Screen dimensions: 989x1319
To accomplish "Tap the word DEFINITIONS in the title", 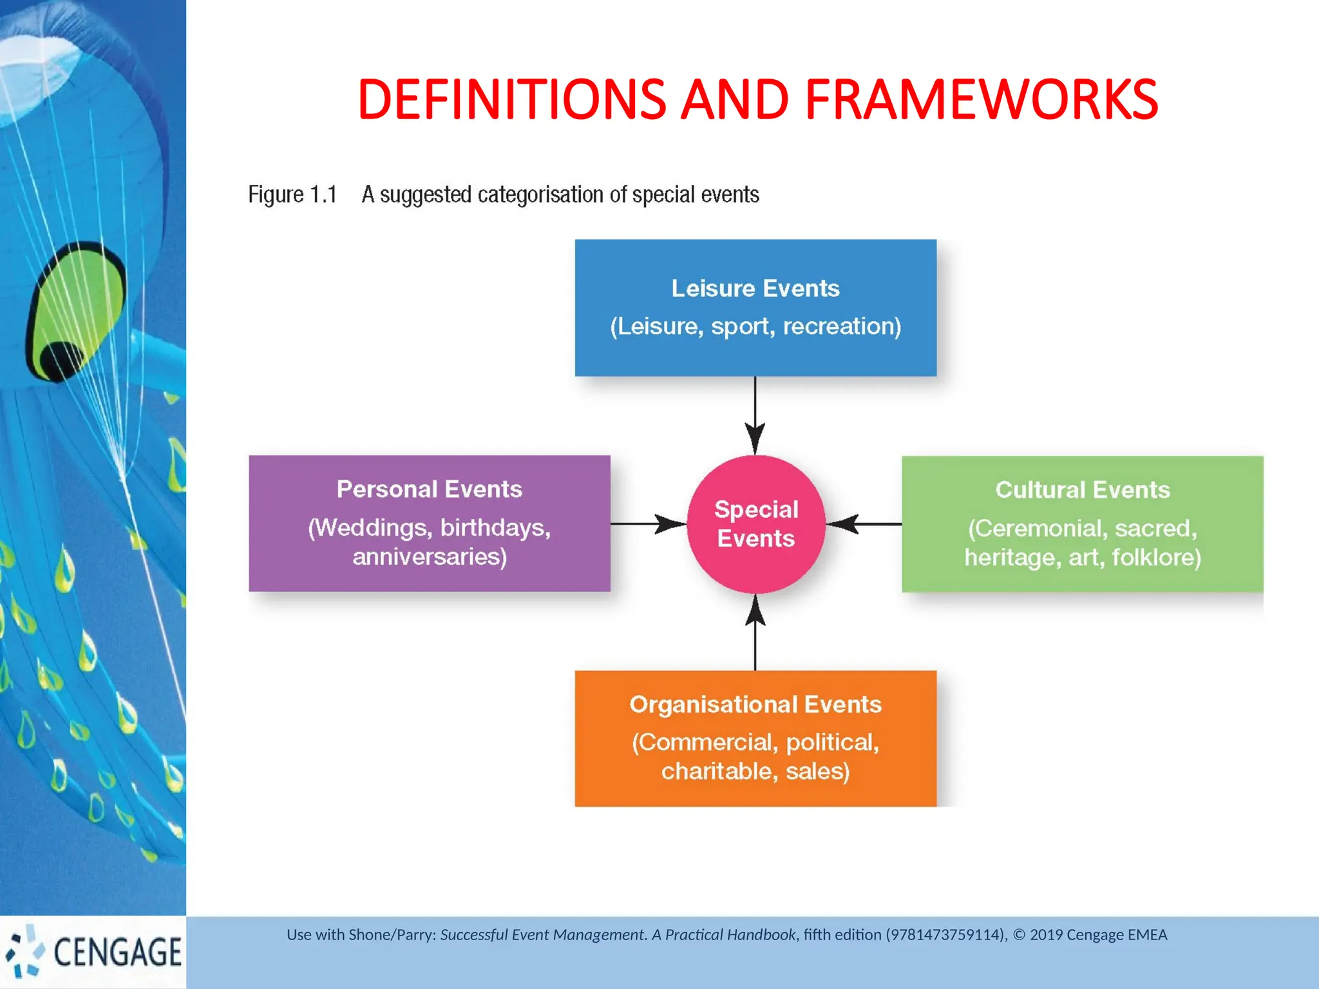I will (511, 100).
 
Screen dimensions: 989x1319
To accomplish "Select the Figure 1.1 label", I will (292, 194).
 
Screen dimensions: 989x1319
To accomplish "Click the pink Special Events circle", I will (755, 524).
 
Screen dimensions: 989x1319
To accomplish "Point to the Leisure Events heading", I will (755, 288).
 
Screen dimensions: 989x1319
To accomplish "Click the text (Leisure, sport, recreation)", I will (755, 326).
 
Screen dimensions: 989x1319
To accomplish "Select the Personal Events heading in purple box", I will (429, 489).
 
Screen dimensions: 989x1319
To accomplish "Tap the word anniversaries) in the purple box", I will (430, 557).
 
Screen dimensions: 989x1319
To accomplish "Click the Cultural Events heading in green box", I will (1082, 490).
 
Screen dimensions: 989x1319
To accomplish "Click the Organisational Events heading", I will (755, 704).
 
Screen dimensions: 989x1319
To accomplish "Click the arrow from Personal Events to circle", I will (647, 524).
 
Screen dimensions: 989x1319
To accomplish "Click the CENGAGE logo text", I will (117, 952).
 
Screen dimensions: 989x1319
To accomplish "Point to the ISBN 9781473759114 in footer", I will (946, 935).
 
